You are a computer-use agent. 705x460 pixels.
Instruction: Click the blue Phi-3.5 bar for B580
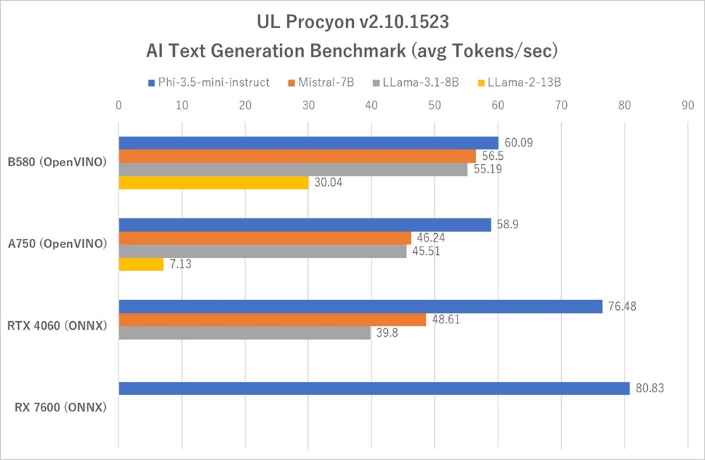pyautogui.click(x=308, y=143)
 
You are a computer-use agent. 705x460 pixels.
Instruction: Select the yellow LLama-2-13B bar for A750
pyautogui.click(x=141, y=265)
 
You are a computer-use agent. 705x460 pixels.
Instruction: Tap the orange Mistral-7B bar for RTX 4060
pyautogui.click(x=272, y=320)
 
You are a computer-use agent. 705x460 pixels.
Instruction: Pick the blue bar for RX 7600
pyautogui.click(x=374, y=388)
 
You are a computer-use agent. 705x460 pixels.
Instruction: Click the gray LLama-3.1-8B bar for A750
pyautogui.click(x=262, y=251)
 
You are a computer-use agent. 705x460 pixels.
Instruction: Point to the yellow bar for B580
pyautogui.click(x=214, y=183)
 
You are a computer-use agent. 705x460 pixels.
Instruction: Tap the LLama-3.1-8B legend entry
pyautogui.click(x=420, y=82)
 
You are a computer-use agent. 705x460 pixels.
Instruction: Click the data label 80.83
pyautogui.click(x=650, y=388)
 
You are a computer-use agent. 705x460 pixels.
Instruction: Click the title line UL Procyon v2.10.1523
pyautogui.click(x=352, y=23)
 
